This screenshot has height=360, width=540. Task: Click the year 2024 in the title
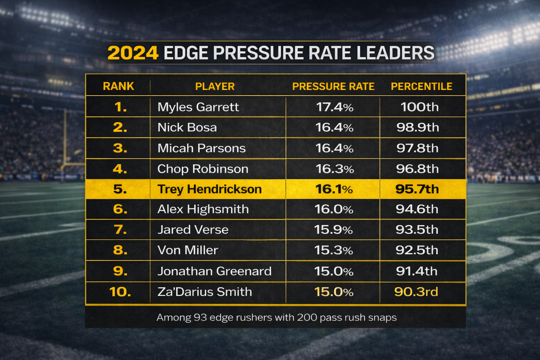pyautogui.click(x=133, y=53)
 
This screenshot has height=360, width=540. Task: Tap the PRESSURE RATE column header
pyautogui.click(x=333, y=86)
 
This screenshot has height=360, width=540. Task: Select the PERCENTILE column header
pyautogui.click(x=421, y=86)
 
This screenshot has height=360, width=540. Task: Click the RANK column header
pyautogui.click(x=118, y=86)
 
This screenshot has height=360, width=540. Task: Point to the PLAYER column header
pyautogui.click(x=214, y=86)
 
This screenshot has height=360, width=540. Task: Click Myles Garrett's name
pyautogui.click(x=198, y=107)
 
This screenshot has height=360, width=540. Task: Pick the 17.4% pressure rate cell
pyautogui.click(x=334, y=107)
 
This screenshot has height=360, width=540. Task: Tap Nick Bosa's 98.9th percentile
pyautogui.click(x=418, y=127)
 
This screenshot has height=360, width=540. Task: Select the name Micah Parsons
pyautogui.click(x=201, y=148)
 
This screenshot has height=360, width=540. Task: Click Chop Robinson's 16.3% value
pyautogui.click(x=334, y=169)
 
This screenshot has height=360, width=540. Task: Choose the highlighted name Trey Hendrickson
pyautogui.click(x=210, y=189)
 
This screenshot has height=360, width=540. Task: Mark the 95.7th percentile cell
pyautogui.click(x=417, y=189)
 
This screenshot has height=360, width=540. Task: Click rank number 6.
pyautogui.click(x=120, y=209)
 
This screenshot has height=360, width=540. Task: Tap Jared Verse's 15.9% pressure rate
pyautogui.click(x=333, y=230)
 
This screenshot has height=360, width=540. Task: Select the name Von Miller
pyautogui.click(x=188, y=250)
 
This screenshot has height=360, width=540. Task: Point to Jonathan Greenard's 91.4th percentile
pyautogui.click(x=417, y=271)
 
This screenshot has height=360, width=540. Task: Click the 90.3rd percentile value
pyautogui.click(x=416, y=292)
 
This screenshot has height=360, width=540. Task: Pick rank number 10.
pyautogui.click(x=120, y=292)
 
